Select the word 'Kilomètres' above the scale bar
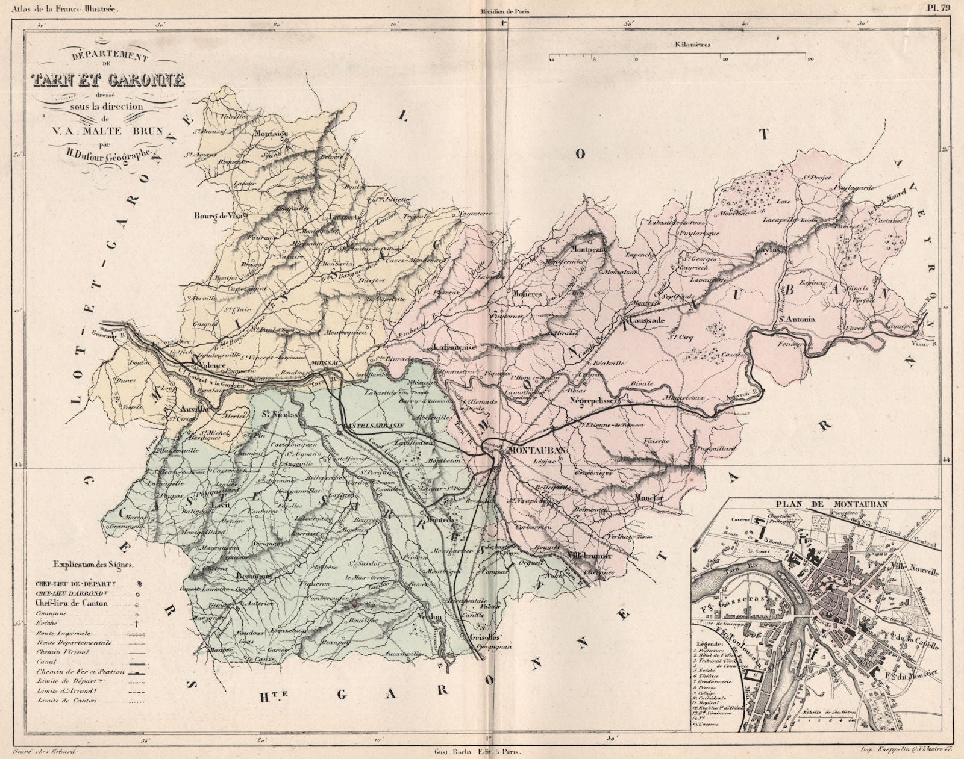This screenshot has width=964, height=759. click(693, 44)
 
